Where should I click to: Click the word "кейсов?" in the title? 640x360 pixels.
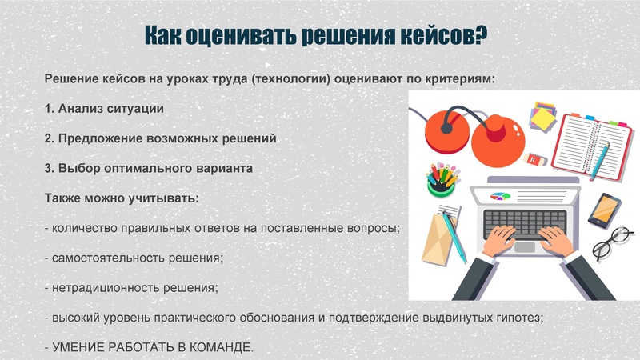[x=442, y=36]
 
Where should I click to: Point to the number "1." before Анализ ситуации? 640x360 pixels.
[x=49, y=108]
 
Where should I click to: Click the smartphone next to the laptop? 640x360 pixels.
[x=604, y=209]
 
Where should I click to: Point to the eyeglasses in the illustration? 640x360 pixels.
[x=612, y=242]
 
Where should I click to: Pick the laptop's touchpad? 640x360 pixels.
[x=523, y=246]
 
